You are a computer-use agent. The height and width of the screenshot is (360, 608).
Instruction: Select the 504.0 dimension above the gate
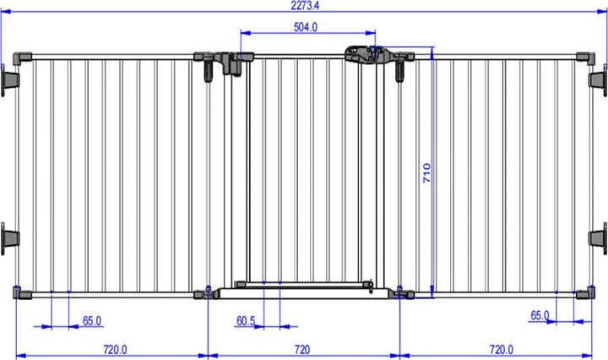pyautogui.click(x=305, y=27)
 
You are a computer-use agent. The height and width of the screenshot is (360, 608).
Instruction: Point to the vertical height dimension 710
pyautogui.click(x=427, y=173)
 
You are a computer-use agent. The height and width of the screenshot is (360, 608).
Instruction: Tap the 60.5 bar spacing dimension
pyautogui.click(x=246, y=321)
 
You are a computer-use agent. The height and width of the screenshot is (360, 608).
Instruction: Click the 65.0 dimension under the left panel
pyautogui.click(x=92, y=321)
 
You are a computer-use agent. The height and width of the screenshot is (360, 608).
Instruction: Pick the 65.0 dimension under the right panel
pyautogui.click(x=540, y=316)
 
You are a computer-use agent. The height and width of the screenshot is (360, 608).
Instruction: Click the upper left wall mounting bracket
pyautogui.click(x=10, y=79)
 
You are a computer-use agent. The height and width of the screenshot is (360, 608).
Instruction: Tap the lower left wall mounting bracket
pyautogui.click(x=10, y=236)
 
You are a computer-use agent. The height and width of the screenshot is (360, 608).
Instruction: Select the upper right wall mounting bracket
pyautogui.click(x=598, y=79)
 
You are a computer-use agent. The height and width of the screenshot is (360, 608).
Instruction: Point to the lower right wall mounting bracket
pyautogui.click(x=598, y=236)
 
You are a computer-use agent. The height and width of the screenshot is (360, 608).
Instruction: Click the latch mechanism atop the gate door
pyautogui.click(x=361, y=53)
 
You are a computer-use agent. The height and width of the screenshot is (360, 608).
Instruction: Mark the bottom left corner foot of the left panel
pyautogui.click(x=21, y=294)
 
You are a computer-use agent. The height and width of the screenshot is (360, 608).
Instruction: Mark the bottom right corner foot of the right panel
pyautogui.click(x=584, y=294)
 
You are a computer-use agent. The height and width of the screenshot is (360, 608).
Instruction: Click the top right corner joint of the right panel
pyautogui.click(x=584, y=57)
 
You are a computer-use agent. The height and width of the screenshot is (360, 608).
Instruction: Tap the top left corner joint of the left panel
pyautogui.click(x=23, y=57)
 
